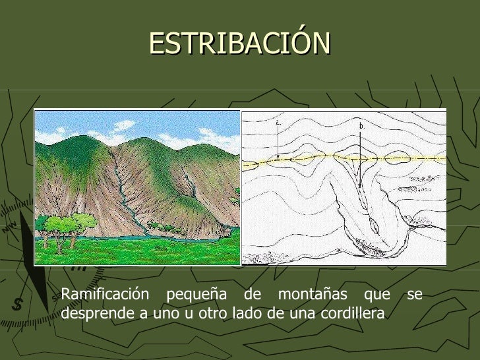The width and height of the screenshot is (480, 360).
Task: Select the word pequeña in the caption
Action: (x=187, y=295)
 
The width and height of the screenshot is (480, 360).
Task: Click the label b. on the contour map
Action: (x=361, y=125)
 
